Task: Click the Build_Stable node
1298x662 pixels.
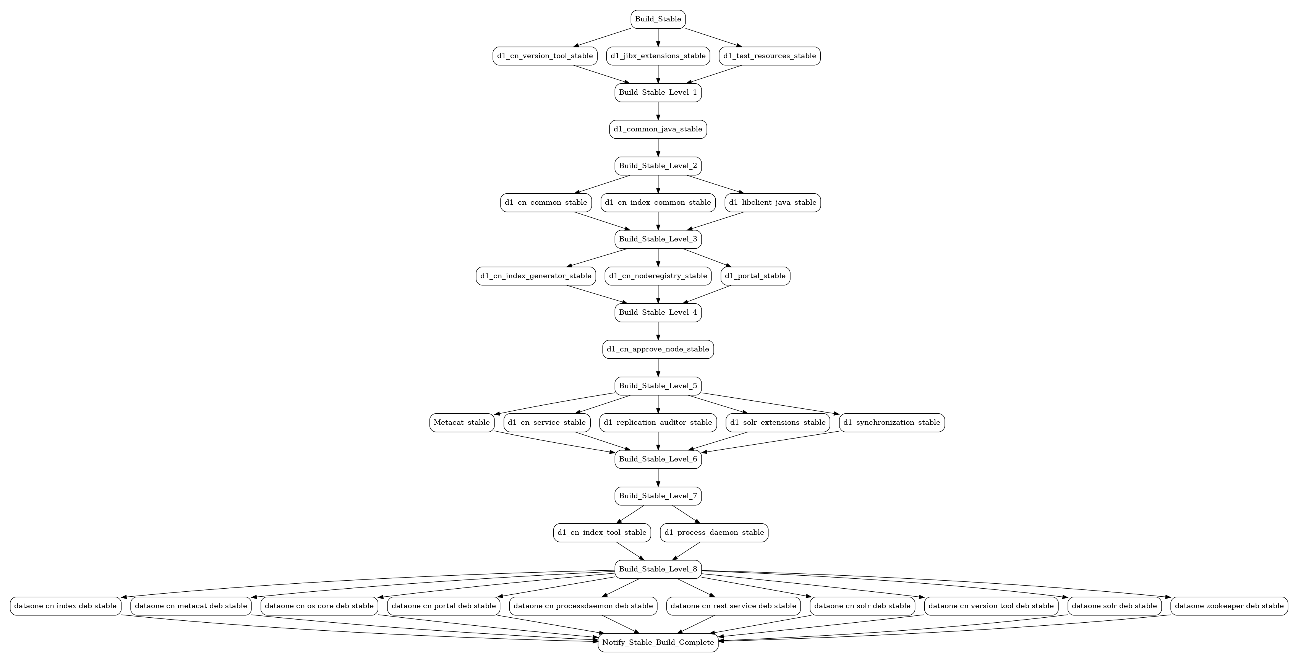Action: [x=658, y=19]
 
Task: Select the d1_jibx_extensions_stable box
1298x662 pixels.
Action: [x=658, y=56]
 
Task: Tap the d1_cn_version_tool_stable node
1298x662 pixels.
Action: [x=545, y=56]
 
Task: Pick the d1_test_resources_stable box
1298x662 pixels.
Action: [x=770, y=56]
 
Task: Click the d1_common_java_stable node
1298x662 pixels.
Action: [x=658, y=129]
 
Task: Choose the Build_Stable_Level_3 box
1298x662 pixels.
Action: [x=658, y=239]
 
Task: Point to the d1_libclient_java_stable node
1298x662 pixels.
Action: [x=773, y=202]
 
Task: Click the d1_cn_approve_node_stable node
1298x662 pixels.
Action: [x=658, y=349]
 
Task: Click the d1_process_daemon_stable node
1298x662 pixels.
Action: [x=714, y=533]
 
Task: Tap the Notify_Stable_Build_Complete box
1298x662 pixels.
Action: [x=658, y=643]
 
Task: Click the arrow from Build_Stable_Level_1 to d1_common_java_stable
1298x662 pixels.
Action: [x=658, y=111]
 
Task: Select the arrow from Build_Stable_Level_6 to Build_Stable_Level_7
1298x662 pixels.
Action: [x=658, y=477]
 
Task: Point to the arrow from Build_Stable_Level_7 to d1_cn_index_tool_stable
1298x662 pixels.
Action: [x=630, y=515]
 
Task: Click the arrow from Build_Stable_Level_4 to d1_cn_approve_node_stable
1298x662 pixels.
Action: [x=658, y=331]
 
